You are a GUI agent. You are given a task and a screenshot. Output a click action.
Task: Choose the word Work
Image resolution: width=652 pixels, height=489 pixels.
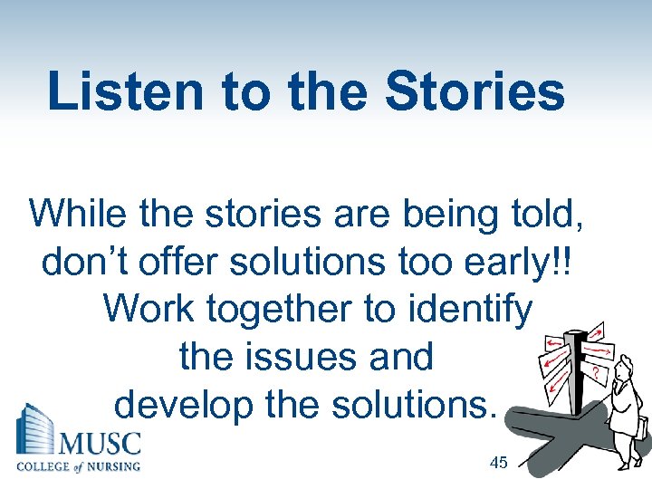[x=149, y=309]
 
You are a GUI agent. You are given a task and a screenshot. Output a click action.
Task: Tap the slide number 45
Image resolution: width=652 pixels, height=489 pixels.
[x=497, y=463]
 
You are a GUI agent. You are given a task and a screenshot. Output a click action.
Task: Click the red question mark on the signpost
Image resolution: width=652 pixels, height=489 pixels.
[x=595, y=371]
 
